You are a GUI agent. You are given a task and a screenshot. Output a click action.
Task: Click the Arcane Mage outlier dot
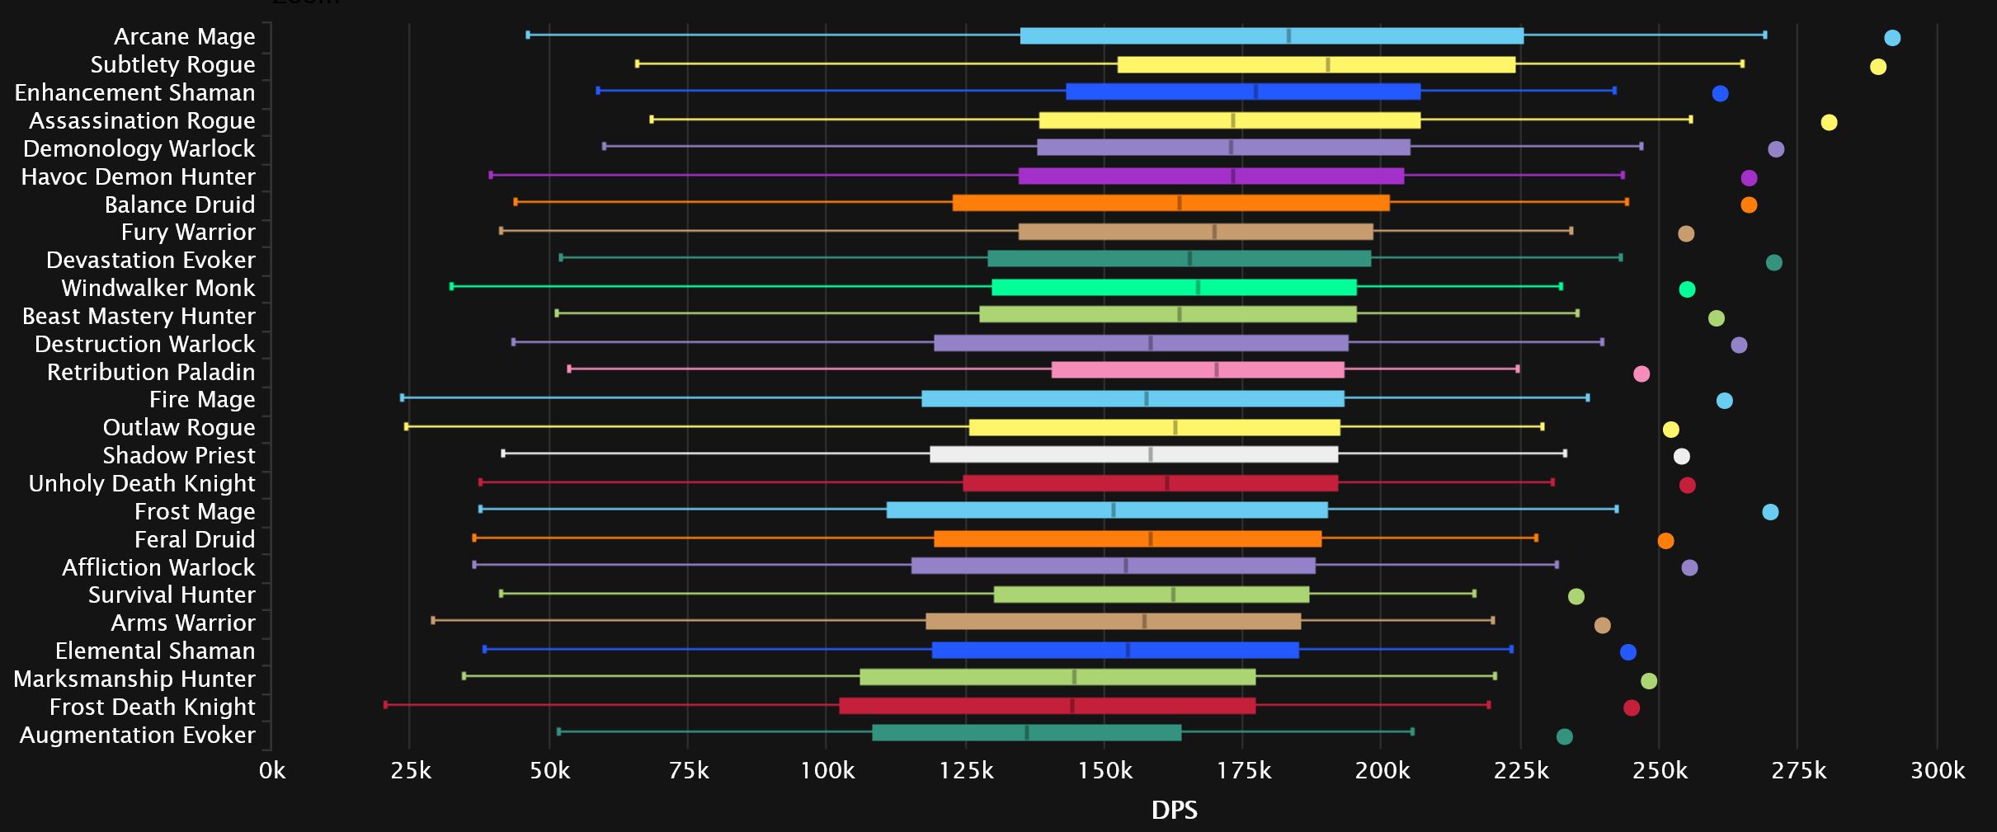tap(1892, 38)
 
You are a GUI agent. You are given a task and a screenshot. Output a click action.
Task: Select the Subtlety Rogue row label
tap(172, 64)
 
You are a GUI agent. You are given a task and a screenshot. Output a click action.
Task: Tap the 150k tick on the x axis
tap(1104, 771)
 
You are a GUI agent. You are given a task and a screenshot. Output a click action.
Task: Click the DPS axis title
tap(1174, 810)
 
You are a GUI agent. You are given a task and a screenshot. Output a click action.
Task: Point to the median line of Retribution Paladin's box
tap(1217, 369)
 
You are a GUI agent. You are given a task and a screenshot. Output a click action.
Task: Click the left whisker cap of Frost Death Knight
tap(385, 704)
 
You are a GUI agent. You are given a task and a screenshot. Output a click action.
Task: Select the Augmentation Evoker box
tap(1027, 732)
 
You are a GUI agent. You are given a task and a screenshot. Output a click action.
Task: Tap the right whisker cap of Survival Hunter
tap(1474, 594)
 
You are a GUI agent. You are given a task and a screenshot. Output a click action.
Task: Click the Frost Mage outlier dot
tap(1770, 512)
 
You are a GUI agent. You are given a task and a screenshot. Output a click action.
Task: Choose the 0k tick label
tap(272, 771)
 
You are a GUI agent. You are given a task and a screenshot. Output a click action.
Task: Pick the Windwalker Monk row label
tap(158, 288)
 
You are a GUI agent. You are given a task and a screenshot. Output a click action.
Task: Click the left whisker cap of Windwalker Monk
tap(451, 286)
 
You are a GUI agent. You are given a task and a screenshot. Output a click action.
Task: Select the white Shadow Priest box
tap(1133, 454)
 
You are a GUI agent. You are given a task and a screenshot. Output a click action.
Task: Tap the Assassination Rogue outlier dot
tap(1829, 123)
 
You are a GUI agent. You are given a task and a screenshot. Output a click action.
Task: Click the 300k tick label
tap(1938, 771)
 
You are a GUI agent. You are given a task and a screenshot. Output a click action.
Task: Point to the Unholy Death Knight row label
tap(142, 483)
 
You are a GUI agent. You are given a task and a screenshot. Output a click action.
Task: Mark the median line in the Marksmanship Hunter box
tap(1074, 677)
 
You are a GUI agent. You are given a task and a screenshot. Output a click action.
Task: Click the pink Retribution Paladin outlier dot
tap(1641, 374)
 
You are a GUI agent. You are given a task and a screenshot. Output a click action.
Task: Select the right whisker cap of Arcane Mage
tap(1764, 35)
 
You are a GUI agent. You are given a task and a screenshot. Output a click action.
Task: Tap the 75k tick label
tap(688, 771)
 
